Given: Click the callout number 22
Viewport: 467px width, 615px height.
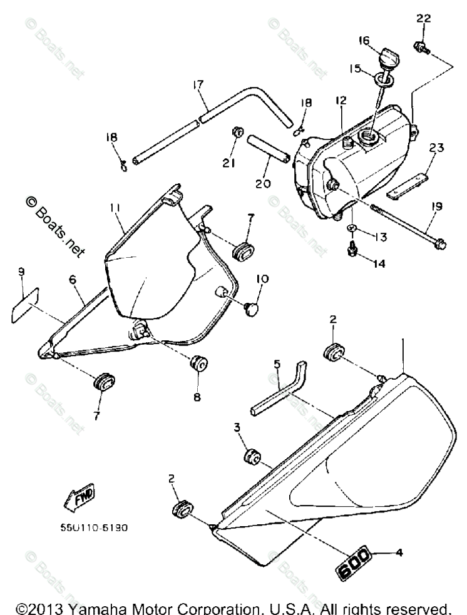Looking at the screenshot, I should pyautogui.click(x=424, y=20).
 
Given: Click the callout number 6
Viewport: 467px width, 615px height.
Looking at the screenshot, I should pyautogui.click(x=73, y=281).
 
